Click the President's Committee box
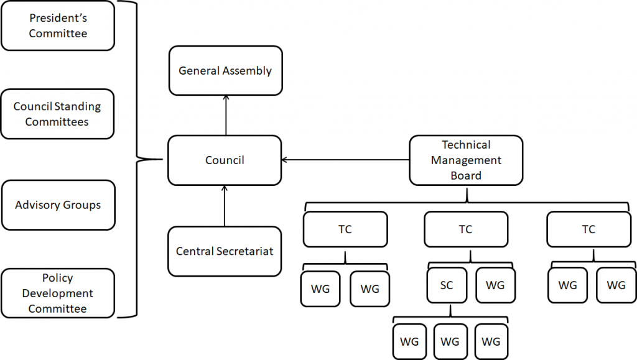[x=58, y=25]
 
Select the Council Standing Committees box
[x=57, y=114]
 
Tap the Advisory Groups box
[x=58, y=205]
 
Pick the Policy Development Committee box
[x=57, y=293]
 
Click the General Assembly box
[x=225, y=70]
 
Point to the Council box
[x=225, y=160]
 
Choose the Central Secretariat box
[x=225, y=251]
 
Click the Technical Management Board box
[x=466, y=160]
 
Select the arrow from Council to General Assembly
[x=225, y=115]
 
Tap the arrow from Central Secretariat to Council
[x=225, y=205]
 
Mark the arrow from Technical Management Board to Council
[x=345, y=160]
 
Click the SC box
[x=447, y=286]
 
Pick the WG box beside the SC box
[x=495, y=286]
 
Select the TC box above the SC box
[x=466, y=229]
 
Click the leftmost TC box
[x=345, y=229]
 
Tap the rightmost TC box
[x=588, y=229]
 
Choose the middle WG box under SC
[x=450, y=342]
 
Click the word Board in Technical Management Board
[x=466, y=175]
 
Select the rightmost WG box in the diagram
[x=616, y=286]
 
